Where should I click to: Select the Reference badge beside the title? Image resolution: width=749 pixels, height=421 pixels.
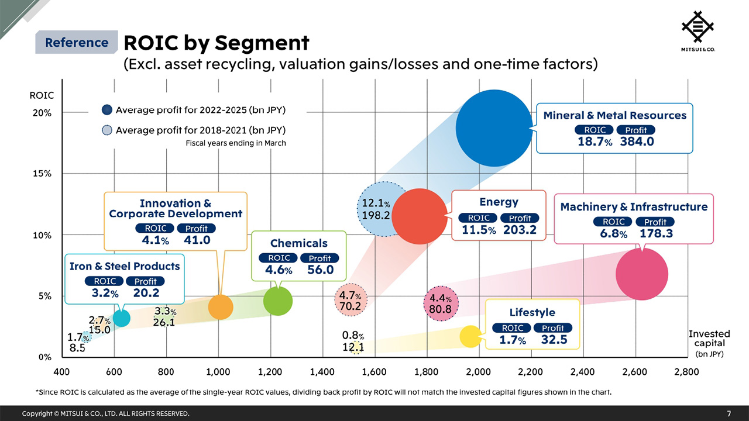76,43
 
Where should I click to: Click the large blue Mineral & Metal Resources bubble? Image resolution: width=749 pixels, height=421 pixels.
494,127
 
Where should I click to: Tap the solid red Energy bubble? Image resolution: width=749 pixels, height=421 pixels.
420,216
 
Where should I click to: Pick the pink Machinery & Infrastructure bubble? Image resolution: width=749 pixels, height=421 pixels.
642,274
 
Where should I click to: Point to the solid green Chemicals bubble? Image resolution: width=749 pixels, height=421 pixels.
278,301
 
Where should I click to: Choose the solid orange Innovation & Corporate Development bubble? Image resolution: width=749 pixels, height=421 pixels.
221,307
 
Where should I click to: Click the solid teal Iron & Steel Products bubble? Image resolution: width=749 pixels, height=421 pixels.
121,318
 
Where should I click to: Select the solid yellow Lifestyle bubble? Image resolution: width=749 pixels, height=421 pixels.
470,336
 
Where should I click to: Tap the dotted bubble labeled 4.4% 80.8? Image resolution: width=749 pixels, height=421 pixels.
441,303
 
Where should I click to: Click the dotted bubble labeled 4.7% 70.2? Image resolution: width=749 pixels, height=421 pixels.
350,301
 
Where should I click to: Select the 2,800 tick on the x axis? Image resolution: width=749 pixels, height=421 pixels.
686,371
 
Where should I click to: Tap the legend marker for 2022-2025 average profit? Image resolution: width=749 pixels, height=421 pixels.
107,109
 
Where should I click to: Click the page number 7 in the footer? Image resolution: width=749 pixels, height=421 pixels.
729,413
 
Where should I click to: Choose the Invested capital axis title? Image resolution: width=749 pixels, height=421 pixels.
709,339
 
